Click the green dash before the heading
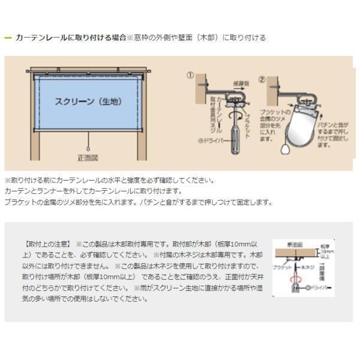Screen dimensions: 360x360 (x=8, y=37)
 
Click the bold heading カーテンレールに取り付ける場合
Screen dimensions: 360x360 (x=71, y=37)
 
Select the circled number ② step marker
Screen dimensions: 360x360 (x=262, y=78)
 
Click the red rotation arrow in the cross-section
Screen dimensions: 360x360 (x=293, y=279)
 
